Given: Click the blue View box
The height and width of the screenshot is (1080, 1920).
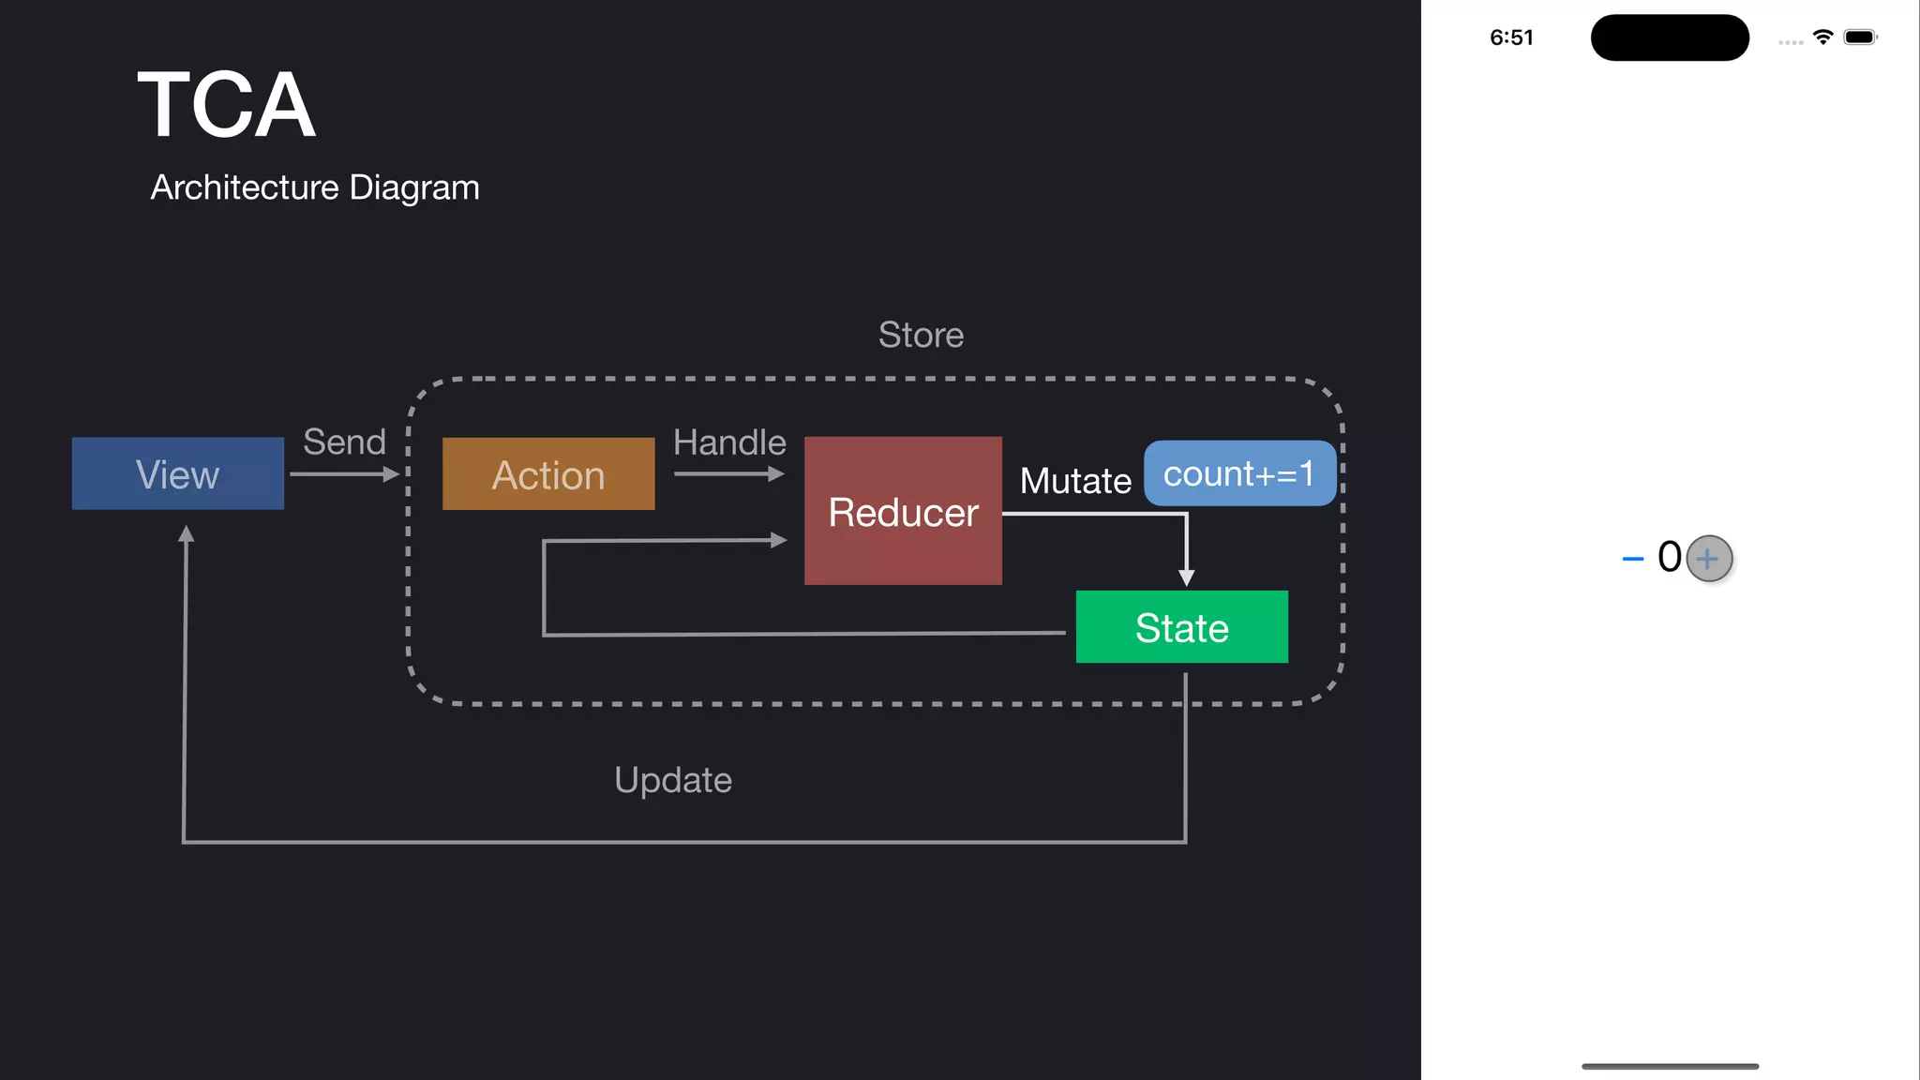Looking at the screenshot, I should pos(177,473).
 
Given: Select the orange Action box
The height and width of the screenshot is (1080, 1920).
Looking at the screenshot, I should pos(548,474).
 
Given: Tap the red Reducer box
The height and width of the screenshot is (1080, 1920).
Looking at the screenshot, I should pos(903,511).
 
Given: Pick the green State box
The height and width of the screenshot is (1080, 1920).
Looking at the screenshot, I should pos(1181,627).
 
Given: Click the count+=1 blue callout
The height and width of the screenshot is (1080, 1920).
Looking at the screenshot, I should pos(1238,473).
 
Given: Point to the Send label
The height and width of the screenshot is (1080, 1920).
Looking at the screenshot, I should pos(344,442).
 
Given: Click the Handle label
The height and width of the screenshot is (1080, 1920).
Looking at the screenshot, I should pos(729,442).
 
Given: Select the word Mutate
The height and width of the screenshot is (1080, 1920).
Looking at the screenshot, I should pos(1075,481).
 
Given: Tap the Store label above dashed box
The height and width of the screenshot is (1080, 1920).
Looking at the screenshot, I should pos(921,335).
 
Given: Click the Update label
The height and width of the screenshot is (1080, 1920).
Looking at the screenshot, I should pos(673,780).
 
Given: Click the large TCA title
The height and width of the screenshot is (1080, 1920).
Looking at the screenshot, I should pos(226,105).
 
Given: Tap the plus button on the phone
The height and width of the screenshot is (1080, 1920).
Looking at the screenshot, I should pos(1708,559).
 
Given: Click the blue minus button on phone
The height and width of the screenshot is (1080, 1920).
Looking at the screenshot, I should pos(1632,559).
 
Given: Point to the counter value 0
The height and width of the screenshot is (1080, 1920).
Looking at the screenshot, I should pos(1669,557).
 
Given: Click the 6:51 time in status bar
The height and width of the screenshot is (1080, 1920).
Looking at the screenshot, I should pos(1511,37).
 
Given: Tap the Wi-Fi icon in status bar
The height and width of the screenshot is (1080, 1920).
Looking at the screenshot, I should pos(1822,37).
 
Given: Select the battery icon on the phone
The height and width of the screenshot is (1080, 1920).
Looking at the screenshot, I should pos(1860,37).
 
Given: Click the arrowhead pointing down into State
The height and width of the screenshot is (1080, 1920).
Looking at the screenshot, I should pos(1186,577).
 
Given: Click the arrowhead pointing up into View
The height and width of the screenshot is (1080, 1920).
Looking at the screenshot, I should pos(187,533).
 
